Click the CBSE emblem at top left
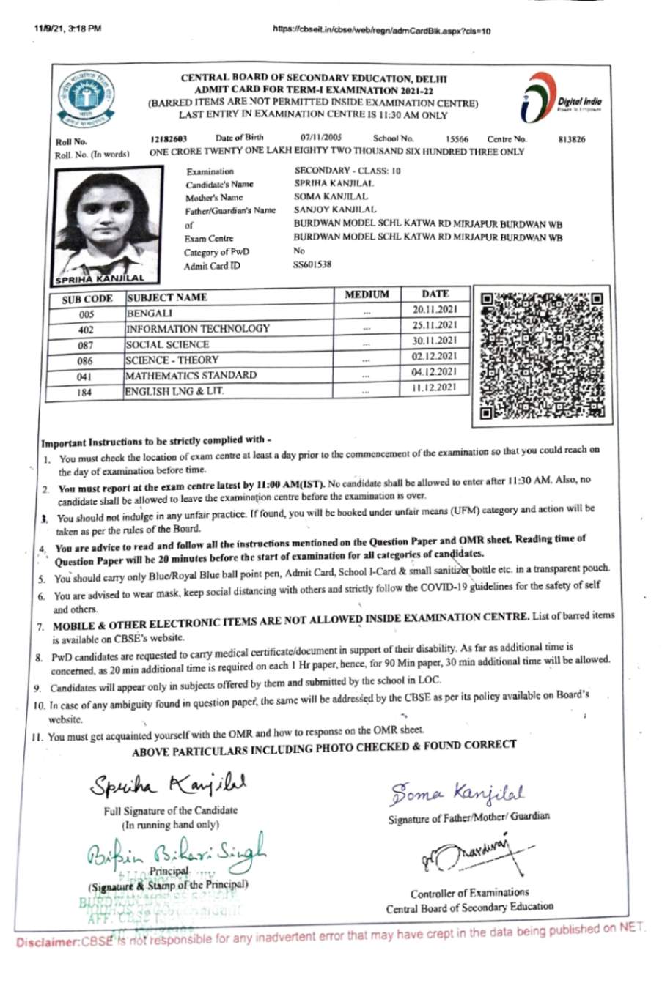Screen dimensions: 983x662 87,98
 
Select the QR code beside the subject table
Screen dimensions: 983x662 542,355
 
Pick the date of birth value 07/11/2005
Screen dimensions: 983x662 320,138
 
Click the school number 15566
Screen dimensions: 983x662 457,138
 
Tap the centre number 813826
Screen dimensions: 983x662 571,139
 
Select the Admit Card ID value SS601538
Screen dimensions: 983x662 312,264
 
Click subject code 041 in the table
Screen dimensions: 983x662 85,376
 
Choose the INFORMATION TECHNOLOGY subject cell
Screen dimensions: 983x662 198,329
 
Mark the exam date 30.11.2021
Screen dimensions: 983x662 434,341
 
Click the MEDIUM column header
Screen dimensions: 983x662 367,294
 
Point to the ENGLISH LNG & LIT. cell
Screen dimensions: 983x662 174,391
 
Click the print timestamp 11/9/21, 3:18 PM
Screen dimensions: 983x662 67,29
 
